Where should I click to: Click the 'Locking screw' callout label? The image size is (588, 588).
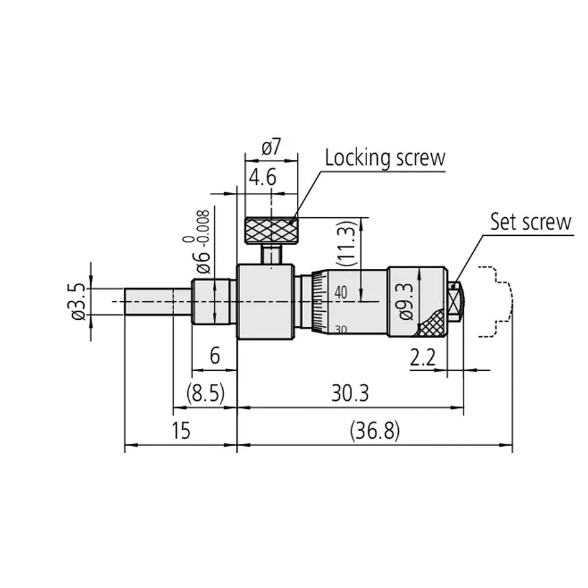[x=385, y=157]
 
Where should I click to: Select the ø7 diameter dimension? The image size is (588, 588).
[x=271, y=147]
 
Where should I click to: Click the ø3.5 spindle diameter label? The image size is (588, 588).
[x=78, y=301]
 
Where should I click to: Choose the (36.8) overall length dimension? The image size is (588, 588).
[x=375, y=430]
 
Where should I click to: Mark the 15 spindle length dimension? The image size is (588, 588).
[x=180, y=431]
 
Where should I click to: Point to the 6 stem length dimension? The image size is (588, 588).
[x=215, y=356]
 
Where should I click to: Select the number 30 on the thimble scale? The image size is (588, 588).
[x=340, y=329]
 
